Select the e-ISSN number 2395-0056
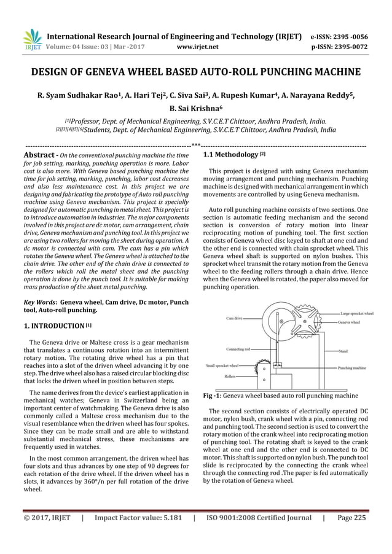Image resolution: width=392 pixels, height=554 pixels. (348, 36)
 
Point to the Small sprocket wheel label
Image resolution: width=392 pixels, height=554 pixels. (224, 366)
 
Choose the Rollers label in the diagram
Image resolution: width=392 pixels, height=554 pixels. (232, 375)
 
